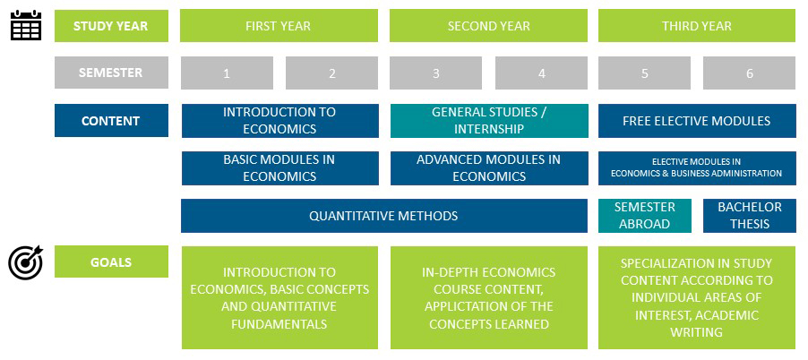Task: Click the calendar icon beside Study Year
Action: coord(26,26)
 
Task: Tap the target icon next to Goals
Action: coord(26,263)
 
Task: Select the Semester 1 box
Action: coord(227,73)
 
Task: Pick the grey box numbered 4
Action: coord(541,73)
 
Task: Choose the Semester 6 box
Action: coord(749,73)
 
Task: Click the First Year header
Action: coord(279,26)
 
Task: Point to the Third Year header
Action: coord(697,26)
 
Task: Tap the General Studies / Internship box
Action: coord(489,121)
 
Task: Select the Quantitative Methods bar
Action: coord(384,216)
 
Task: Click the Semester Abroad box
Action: coord(645,216)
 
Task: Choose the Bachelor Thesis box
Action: coord(750,216)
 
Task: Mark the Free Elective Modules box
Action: coord(697,121)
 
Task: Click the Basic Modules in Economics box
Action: coord(279,168)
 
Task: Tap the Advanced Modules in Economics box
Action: coord(489,168)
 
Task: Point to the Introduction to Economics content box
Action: coord(279,121)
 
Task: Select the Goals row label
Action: coord(111,261)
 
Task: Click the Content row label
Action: coord(111,121)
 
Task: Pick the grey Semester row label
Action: coord(111,73)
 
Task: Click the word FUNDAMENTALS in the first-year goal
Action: coord(279,324)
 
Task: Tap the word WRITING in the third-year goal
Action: coord(696,332)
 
